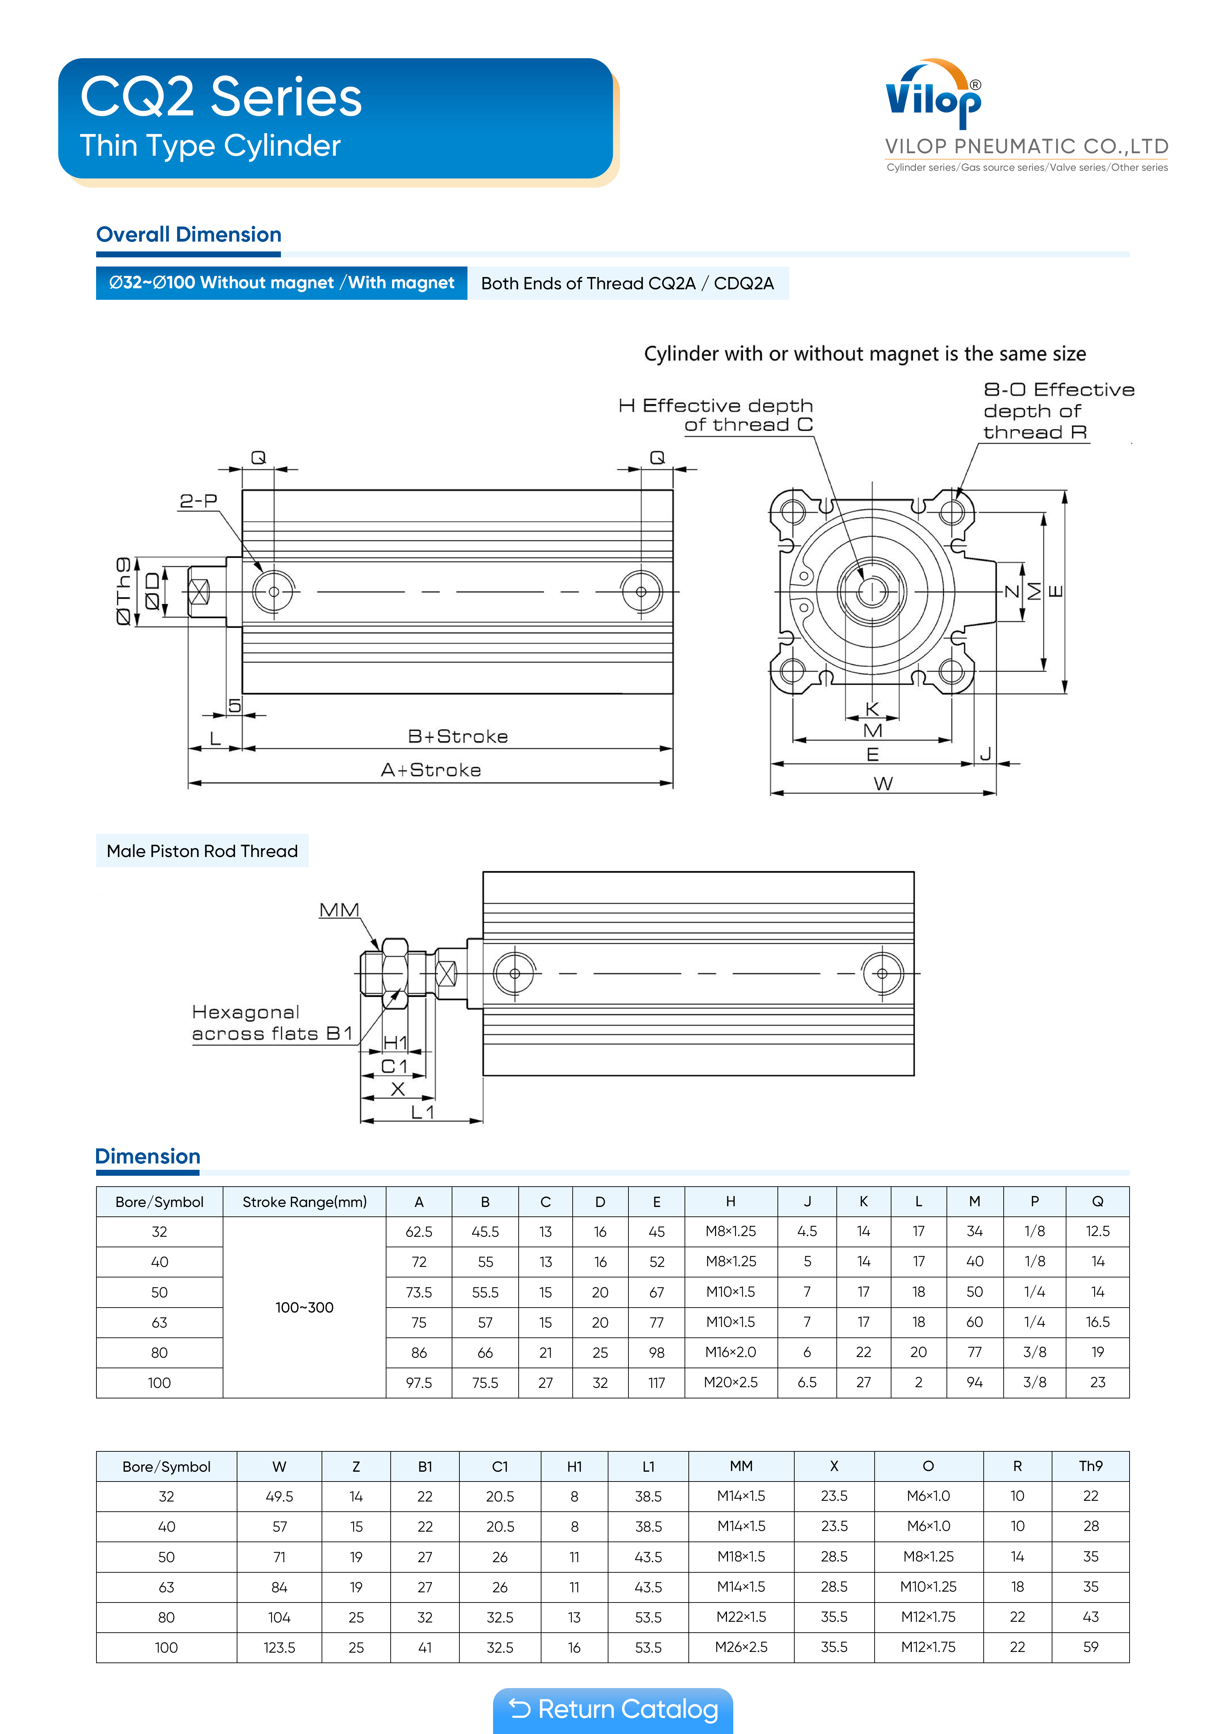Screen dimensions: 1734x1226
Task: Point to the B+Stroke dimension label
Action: point(458,736)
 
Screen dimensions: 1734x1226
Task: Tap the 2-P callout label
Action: point(198,501)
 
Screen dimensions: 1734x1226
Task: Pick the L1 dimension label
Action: point(422,1112)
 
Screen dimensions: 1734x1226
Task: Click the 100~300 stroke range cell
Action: point(304,1307)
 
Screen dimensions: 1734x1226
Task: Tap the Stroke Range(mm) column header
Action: point(304,1202)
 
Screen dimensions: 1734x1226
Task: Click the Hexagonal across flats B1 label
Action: point(272,1023)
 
